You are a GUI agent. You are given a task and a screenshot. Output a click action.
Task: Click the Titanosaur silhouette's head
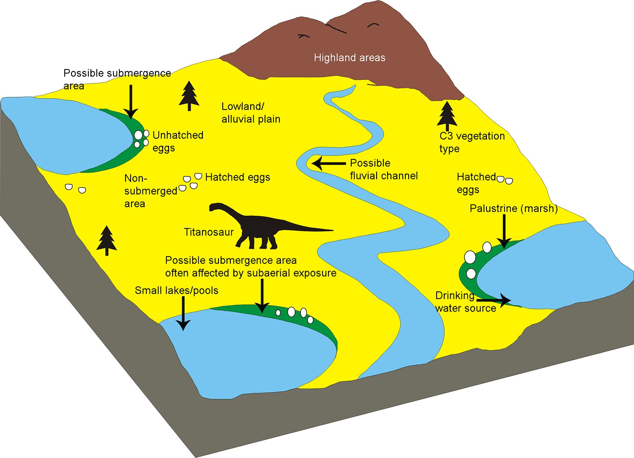click(214, 207)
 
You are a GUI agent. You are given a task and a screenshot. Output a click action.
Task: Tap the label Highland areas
click(350, 58)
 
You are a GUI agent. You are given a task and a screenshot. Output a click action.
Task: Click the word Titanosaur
click(209, 232)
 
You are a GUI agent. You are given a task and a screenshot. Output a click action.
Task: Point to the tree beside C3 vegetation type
click(447, 115)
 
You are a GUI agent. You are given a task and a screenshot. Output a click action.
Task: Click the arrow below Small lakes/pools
click(183, 313)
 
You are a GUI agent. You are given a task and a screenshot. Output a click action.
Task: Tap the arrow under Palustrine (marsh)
click(504, 230)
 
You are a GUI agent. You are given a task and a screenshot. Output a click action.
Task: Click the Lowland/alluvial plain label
click(251, 113)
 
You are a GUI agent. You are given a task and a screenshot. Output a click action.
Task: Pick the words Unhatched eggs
click(178, 141)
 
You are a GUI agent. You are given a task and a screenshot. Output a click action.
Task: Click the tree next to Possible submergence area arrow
click(189, 96)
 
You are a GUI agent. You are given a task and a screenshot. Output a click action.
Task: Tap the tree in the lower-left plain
click(107, 240)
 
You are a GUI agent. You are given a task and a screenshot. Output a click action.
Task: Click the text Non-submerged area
click(150, 191)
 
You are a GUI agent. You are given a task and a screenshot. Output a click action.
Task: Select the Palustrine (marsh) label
click(514, 208)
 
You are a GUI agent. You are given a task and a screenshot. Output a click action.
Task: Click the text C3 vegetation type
click(472, 142)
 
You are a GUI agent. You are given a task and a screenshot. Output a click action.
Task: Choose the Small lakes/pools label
click(176, 291)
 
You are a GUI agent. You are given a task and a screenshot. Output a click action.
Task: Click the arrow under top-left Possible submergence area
click(131, 101)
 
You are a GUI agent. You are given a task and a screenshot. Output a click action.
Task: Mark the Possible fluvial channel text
click(383, 170)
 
